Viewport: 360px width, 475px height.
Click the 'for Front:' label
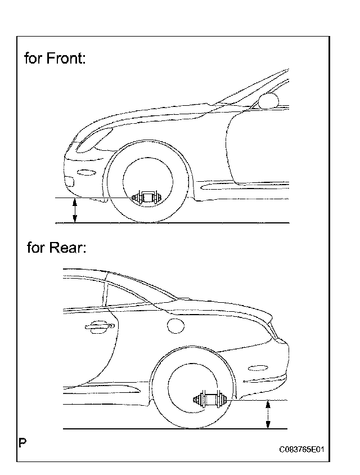coord(55,59)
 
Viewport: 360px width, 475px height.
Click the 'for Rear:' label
coord(56,248)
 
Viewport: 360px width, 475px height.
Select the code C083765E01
coord(301,450)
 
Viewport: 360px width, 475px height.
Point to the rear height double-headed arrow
coord(268,415)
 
